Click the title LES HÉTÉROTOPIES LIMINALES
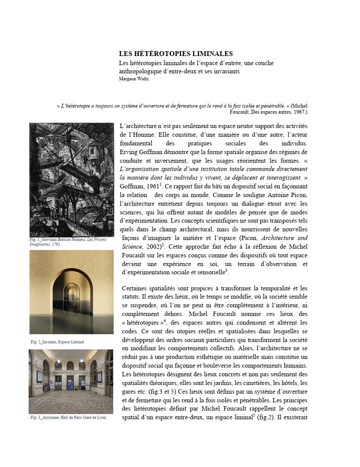tap(176, 54)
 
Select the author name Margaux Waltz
tap(134, 79)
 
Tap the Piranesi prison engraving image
tap(71, 180)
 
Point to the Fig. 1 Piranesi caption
tap(68, 241)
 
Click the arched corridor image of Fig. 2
tap(71, 292)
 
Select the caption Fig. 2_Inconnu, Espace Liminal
tap(57, 342)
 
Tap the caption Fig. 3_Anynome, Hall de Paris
tap(68, 418)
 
